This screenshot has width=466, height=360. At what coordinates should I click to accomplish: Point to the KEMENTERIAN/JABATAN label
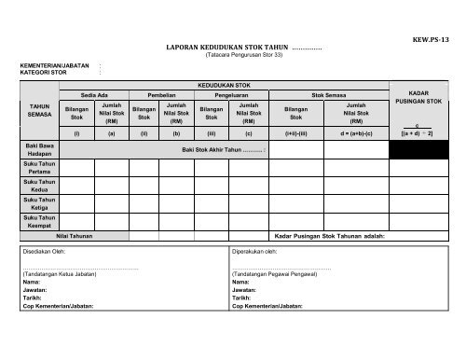point(53,66)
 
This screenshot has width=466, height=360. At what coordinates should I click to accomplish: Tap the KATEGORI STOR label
point(46,73)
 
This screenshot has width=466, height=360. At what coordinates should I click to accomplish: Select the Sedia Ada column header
point(95,94)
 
